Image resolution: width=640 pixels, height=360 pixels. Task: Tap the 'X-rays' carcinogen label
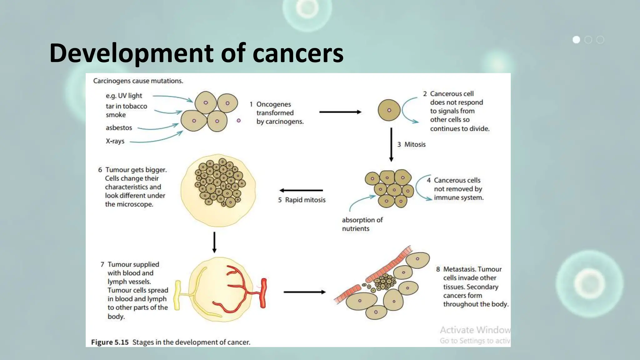click(115, 141)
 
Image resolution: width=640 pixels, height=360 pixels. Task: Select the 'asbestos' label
click(119, 128)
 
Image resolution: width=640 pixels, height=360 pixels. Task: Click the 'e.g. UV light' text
click(124, 96)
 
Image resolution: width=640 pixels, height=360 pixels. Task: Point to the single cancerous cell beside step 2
click(389, 110)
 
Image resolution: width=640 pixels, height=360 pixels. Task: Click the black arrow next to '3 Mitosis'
click(391, 144)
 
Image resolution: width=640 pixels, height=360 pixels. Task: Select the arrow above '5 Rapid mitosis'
click(301, 190)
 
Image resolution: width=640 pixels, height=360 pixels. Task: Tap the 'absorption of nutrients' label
click(362, 224)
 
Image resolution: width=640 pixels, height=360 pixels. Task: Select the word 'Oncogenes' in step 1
click(273, 104)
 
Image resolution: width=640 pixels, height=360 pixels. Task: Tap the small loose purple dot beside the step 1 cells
click(239, 121)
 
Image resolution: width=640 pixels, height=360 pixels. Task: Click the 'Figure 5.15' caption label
click(110, 342)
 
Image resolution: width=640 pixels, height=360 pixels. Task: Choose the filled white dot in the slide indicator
click(576, 40)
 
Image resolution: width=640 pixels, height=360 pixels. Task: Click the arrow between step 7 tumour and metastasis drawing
click(304, 292)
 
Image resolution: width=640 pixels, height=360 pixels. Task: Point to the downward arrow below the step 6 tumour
click(214, 242)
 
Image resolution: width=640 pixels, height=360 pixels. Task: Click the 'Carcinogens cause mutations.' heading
click(138, 81)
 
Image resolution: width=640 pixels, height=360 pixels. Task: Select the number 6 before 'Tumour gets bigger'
click(100, 170)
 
